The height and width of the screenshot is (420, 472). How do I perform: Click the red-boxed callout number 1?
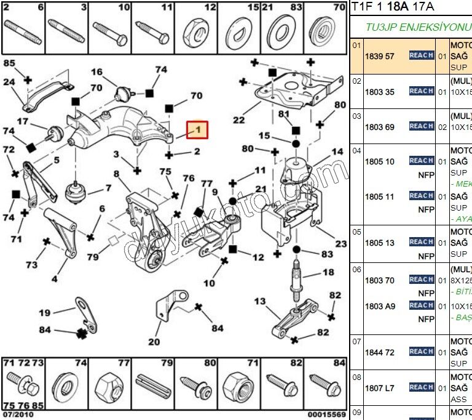pyautogui.click(x=197, y=130)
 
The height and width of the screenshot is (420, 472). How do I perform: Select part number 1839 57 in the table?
pyautogui.click(x=379, y=56)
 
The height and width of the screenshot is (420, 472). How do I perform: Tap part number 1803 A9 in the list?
pyautogui.click(x=379, y=306)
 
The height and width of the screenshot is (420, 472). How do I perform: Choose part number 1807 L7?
pyautogui.click(x=379, y=388)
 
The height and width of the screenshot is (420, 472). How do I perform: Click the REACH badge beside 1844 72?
pyautogui.click(x=422, y=352)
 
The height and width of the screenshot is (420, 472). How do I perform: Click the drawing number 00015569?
pyautogui.click(x=327, y=414)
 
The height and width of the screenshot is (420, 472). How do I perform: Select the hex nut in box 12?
pyautogui.click(x=197, y=30)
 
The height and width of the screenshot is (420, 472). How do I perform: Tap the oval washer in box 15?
pyautogui.click(x=238, y=30)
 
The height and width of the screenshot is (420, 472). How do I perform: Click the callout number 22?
pyautogui.click(x=238, y=120)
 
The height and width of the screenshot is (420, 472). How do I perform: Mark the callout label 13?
pyautogui.click(x=260, y=301)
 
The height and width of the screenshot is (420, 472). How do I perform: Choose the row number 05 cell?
pyautogui.click(x=356, y=232)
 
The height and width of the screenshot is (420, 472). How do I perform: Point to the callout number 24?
pyautogui.click(x=9, y=82)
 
